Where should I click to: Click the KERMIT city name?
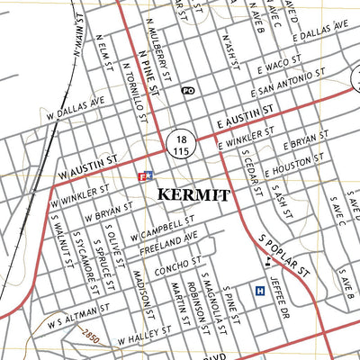tap(193, 194)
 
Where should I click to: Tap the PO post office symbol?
tap(187, 91)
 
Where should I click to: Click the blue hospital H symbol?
tap(260, 291)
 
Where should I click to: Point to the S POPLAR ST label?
tap(284, 256)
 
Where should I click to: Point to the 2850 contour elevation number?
tap(88, 337)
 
